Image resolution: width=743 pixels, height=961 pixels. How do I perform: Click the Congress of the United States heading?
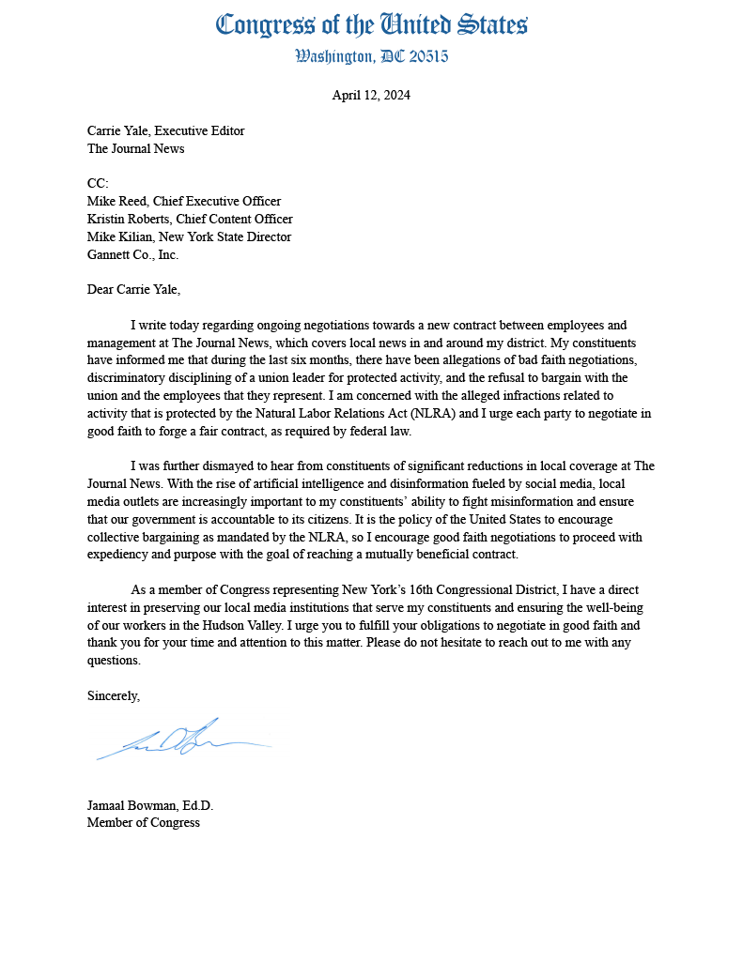pyautogui.click(x=371, y=24)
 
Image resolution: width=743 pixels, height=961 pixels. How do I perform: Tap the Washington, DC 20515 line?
pyautogui.click(x=371, y=56)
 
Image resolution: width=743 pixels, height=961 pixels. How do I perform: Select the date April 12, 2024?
pyautogui.click(x=371, y=95)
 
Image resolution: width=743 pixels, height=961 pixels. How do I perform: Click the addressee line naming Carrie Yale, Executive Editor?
pyautogui.click(x=165, y=130)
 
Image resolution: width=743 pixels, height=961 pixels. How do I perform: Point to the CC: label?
pyautogui.click(x=99, y=183)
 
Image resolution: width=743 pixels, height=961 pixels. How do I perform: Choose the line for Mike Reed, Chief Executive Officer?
pyautogui.click(x=183, y=201)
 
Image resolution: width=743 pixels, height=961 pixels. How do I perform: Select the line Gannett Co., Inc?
pyautogui.click(x=132, y=254)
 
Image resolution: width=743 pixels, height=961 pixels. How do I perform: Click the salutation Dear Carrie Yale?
pyautogui.click(x=133, y=289)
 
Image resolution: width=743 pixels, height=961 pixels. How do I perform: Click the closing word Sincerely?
pyautogui.click(x=113, y=695)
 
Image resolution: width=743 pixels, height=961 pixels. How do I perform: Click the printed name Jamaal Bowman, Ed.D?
pyautogui.click(x=150, y=805)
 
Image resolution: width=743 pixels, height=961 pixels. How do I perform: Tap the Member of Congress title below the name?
pyautogui.click(x=143, y=822)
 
